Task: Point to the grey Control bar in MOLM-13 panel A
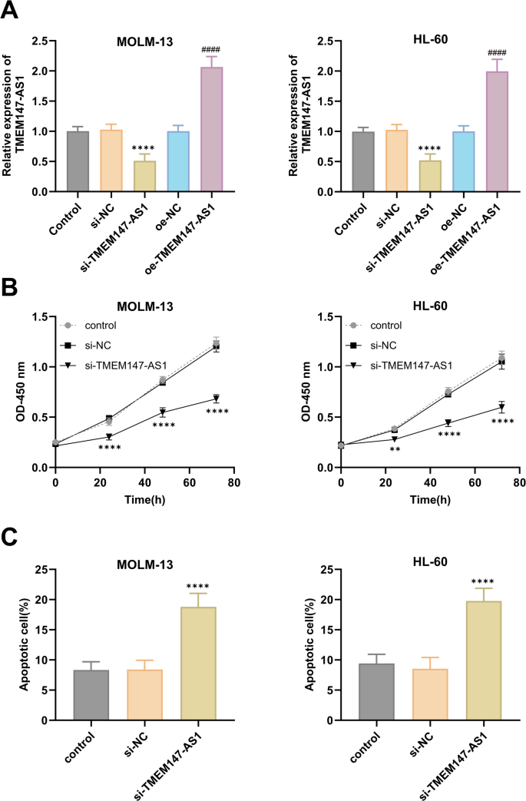[x=78, y=161]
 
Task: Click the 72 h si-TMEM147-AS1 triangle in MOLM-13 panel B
[x=217, y=399]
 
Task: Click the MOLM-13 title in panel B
[x=144, y=306]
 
